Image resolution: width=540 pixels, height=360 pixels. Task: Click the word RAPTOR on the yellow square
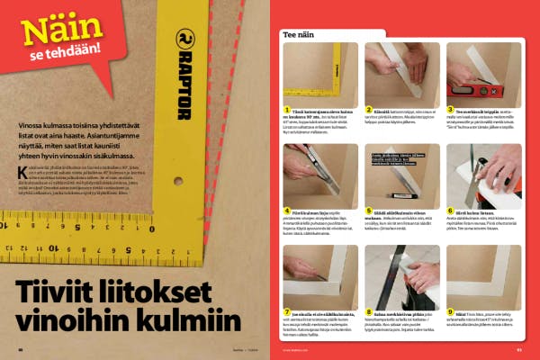[x=182, y=86]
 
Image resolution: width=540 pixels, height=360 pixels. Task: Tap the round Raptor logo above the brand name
[x=182, y=40]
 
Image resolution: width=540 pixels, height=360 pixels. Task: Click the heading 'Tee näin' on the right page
[x=301, y=33]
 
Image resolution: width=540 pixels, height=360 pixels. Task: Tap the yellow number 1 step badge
[x=286, y=110]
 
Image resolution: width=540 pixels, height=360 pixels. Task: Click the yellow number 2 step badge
[x=369, y=110]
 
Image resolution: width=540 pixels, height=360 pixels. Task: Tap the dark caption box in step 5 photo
[x=393, y=160]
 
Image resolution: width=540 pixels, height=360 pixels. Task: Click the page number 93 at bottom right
[x=519, y=350]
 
